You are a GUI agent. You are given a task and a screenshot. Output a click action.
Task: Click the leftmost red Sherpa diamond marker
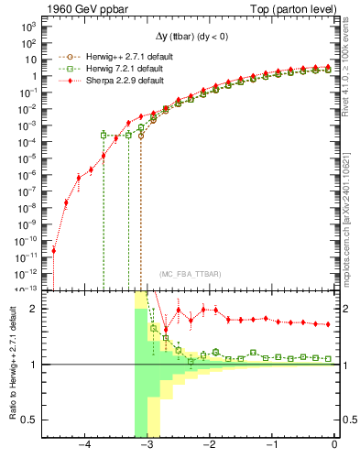point(53,250)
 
